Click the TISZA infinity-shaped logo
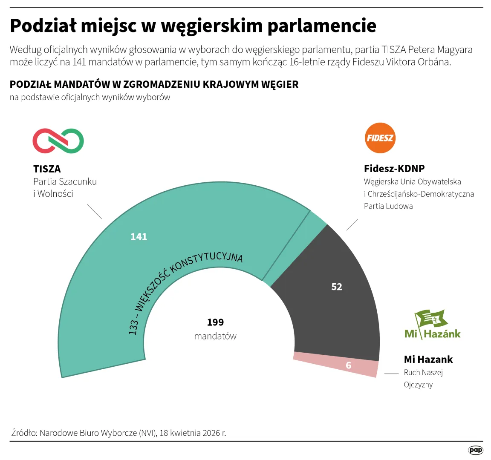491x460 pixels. [x=58, y=141]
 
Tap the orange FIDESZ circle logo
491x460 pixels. [x=380, y=138]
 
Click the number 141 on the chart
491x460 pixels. [x=139, y=237]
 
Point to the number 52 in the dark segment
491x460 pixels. [x=337, y=287]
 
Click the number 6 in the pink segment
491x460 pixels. [x=349, y=365]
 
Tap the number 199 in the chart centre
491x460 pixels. [x=215, y=322]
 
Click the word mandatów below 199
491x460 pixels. [x=215, y=336]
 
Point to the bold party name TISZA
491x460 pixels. [x=47, y=169]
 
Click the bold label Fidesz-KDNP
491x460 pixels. [x=394, y=169]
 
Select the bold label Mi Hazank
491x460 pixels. [x=428, y=359]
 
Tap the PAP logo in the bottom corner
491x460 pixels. [x=476, y=450]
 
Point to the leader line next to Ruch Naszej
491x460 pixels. [x=391, y=373]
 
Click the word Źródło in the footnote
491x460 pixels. [x=24, y=433]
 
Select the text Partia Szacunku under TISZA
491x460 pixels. [x=65, y=181]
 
